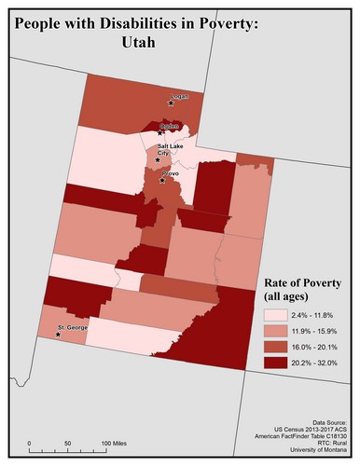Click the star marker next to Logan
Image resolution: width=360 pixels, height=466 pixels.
point(171,103)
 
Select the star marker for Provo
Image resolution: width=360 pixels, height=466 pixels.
point(163,181)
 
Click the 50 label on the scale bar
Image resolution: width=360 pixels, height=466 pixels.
point(67,442)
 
